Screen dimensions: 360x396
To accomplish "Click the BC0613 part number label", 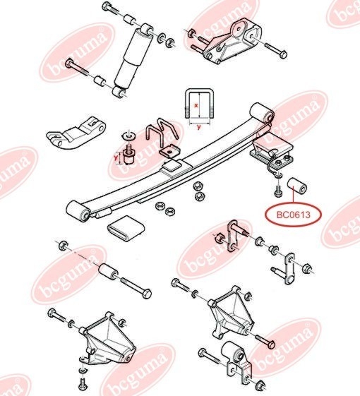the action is pyautogui.click(x=293, y=215).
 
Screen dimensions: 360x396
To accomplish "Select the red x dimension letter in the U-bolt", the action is pyautogui.click(x=196, y=106).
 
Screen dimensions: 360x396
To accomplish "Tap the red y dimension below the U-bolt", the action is pyautogui.click(x=199, y=127).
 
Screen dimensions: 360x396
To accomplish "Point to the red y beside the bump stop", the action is pyautogui.click(x=116, y=157).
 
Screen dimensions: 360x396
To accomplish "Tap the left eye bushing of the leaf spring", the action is pyautogui.click(x=78, y=212).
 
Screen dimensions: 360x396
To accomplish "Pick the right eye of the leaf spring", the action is pyautogui.click(x=262, y=113).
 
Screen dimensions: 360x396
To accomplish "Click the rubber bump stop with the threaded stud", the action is pyautogui.click(x=129, y=155).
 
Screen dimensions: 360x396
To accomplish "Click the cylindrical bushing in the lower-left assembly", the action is pyautogui.click(x=108, y=272).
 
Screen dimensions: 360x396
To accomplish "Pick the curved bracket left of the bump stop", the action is pyautogui.click(x=76, y=133).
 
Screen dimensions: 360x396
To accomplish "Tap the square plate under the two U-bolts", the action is pyautogui.click(x=170, y=152).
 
